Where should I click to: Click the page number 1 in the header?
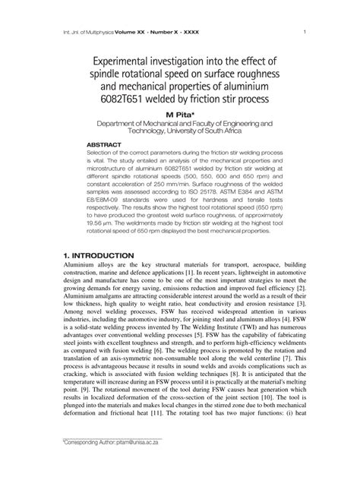click(304, 33)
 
